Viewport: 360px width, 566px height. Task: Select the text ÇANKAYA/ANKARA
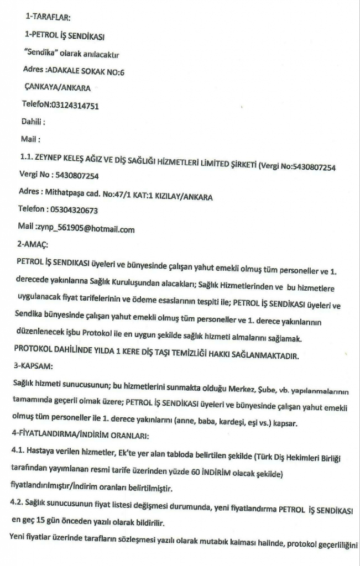pos(58,88)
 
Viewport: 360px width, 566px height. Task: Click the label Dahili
pos(33,122)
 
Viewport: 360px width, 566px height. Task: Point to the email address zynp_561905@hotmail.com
pos(85,228)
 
